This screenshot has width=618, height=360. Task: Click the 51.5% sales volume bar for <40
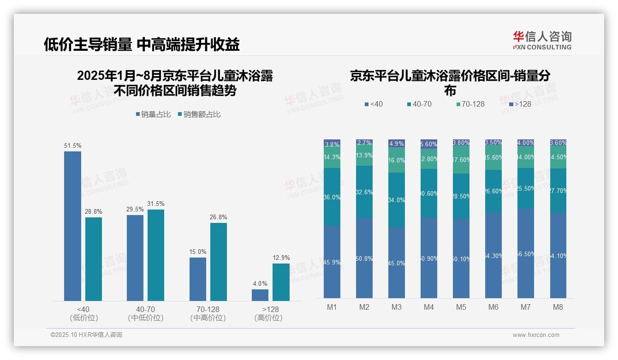[72, 226]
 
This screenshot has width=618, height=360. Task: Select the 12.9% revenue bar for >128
[281, 282]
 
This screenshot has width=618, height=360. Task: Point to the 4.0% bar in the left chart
[260, 295]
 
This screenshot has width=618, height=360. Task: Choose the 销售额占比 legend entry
[199, 114]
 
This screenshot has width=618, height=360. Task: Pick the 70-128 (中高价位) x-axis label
[208, 313]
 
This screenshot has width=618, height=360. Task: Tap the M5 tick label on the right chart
[461, 307]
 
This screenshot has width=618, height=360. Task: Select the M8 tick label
[558, 307]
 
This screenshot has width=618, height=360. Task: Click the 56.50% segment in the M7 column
[526, 253]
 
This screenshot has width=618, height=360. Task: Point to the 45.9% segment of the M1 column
[332, 262]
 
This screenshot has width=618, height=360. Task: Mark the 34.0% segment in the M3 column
[397, 200]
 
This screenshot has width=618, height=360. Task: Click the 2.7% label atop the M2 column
[364, 143]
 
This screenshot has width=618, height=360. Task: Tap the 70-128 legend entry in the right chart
[470, 104]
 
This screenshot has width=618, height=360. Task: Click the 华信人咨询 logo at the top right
[542, 40]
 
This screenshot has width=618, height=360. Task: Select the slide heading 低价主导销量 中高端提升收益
[142, 44]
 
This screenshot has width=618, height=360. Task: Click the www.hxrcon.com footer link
[536, 335]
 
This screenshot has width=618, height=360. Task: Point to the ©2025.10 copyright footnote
[86, 335]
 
